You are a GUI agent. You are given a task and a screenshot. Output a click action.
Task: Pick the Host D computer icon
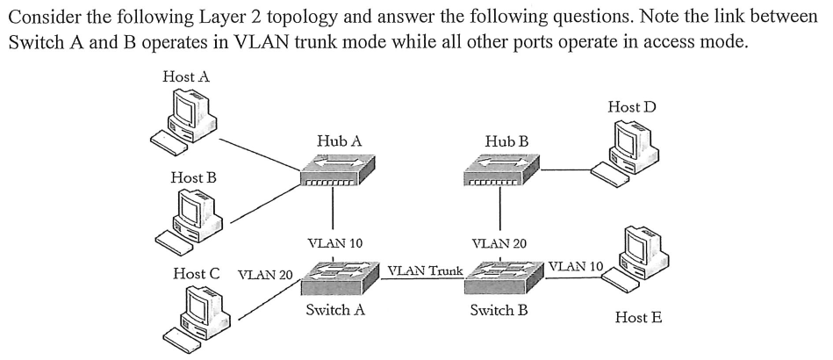click(625, 149)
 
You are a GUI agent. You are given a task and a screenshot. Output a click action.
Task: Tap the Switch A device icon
click(334, 279)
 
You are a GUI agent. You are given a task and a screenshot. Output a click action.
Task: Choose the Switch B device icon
click(501, 279)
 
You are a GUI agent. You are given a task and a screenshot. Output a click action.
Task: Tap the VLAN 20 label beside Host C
click(265, 274)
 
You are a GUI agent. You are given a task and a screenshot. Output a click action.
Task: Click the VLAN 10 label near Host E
click(575, 265)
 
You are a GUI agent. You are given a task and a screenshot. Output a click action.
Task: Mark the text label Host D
click(631, 107)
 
